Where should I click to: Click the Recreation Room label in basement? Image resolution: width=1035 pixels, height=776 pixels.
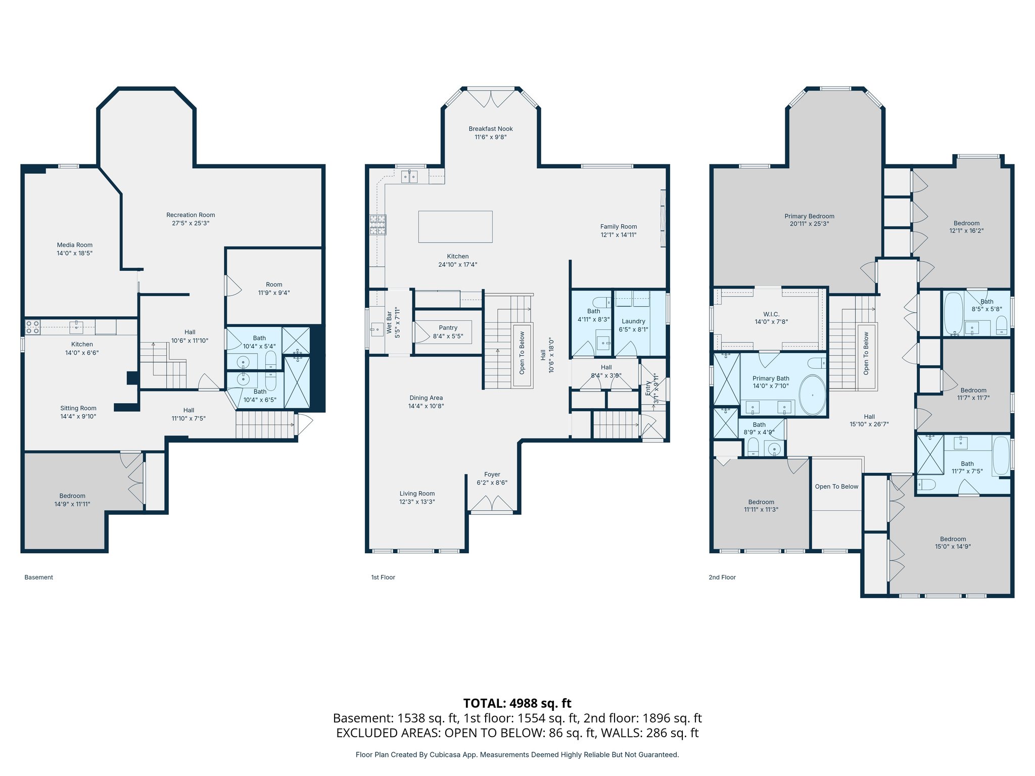click(191, 215)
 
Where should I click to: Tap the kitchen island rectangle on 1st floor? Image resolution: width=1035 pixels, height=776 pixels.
click(455, 227)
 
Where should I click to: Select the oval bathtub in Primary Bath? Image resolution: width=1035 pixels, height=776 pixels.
click(812, 395)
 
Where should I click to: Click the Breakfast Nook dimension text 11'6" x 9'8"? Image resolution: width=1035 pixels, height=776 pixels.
click(490, 137)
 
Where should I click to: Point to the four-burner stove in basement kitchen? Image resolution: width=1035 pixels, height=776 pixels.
click(33, 327)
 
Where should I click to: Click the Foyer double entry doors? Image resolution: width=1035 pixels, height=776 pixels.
click(492, 503)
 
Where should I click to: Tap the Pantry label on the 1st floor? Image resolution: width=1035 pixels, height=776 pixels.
click(448, 328)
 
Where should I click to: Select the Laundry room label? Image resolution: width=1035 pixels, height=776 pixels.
click(633, 321)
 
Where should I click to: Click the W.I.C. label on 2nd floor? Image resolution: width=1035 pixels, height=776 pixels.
click(771, 314)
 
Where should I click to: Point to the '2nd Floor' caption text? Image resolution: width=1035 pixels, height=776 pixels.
click(722, 577)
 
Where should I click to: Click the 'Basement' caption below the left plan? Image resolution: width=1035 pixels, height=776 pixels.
click(38, 577)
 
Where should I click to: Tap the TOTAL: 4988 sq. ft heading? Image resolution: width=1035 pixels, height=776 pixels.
click(517, 703)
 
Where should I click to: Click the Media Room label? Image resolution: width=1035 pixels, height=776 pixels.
click(75, 245)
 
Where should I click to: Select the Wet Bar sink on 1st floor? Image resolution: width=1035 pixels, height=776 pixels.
click(377, 329)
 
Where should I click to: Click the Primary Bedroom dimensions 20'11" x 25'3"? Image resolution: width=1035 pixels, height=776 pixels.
click(809, 224)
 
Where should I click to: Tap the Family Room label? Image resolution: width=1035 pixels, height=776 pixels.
click(618, 227)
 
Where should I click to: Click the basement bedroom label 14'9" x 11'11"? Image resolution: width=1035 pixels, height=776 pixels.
click(72, 504)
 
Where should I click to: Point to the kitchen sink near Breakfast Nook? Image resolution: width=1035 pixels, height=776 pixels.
click(409, 177)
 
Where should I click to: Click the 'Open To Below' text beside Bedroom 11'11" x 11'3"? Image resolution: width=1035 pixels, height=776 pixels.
click(836, 487)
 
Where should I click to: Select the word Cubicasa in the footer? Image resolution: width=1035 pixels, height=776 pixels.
click(445, 755)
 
